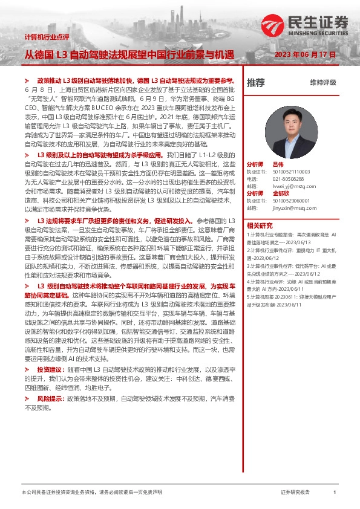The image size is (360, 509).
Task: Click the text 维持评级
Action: pyautogui.click(x=323, y=82)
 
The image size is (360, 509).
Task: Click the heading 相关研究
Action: pyautogui.click(x=258, y=224)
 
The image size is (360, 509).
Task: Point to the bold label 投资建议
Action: pyautogui.click(x=50, y=368)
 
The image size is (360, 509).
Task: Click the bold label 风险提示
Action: pyautogui.click(x=50, y=400)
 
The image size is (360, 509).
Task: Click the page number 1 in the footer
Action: pyautogui.click(x=335, y=493)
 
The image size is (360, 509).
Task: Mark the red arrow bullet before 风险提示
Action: pyautogui.click(x=27, y=400)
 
